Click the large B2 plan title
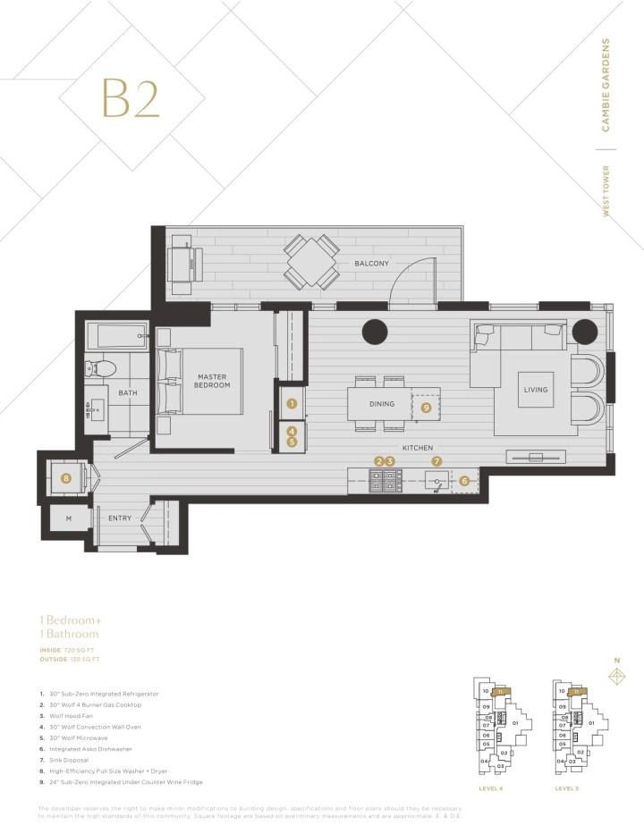point(131,98)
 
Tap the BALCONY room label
point(370,264)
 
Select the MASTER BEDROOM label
point(213,381)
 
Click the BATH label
point(128,392)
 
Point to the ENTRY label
point(120,518)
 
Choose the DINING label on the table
point(381,404)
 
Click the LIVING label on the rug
point(536,390)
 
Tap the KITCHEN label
point(418,447)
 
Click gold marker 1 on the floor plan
point(292,404)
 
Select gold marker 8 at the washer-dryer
point(65,478)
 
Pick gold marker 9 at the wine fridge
point(426,407)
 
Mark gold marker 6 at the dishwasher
point(464,480)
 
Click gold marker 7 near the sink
point(436,461)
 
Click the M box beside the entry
point(68,518)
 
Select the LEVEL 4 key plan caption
point(490,789)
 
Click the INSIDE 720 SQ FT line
point(69,649)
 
